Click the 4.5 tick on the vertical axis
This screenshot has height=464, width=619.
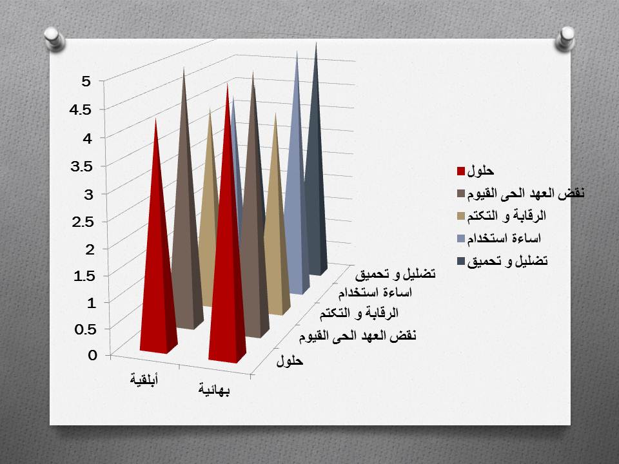click(x=82, y=109)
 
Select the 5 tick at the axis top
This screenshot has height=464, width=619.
click(x=86, y=81)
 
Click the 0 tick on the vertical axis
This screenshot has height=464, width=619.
click(x=93, y=355)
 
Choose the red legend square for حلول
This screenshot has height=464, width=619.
click(x=460, y=171)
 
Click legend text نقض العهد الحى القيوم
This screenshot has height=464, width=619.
click(x=525, y=194)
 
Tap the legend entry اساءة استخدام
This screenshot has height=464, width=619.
click(x=509, y=238)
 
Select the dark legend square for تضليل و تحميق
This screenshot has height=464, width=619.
click(x=460, y=261)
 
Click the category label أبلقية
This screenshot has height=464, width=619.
click(x=145, y=379)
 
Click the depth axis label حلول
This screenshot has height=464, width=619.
click(x=290, y=362)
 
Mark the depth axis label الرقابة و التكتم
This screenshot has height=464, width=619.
click(x=360, y=314)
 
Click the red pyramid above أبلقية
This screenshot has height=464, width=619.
click(x=157, y=271)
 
